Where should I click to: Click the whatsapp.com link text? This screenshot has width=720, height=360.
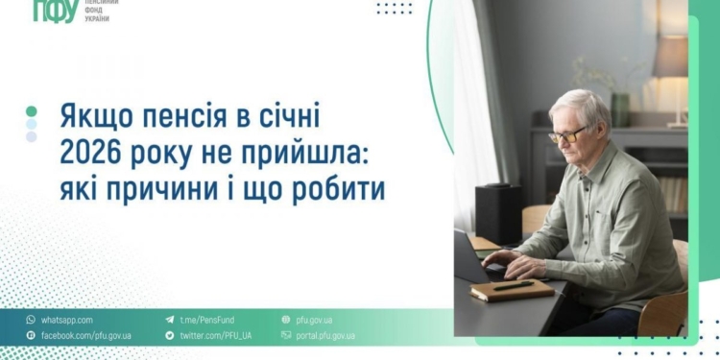(x=66, y=320)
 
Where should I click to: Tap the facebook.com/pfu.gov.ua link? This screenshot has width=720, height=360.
(x=85, y=336)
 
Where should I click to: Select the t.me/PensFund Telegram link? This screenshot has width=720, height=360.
(x=205, y=320)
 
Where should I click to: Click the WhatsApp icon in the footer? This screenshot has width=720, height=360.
(x=31, y=320)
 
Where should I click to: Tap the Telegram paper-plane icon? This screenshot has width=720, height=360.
(x=170, y=320)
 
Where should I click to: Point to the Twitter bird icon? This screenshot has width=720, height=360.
(x=170, y=336)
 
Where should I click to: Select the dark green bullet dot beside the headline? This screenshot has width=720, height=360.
(x=32, y=111)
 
